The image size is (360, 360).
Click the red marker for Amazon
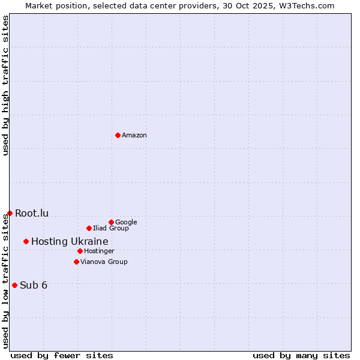(x=118, y=135)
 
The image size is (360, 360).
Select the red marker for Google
(x=111, y=222)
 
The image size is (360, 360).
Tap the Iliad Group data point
(x=89, y=228)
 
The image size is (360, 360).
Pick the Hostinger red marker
(x=80, y=251)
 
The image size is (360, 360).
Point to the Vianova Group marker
(x=76, y=262)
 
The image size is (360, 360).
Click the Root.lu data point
(x=10, y=213)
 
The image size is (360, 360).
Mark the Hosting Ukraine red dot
(x=26, y=241)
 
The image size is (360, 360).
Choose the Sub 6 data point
(x=14, y=285)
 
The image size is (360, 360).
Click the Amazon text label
(x=134, y=136)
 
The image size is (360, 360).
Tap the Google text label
(x=126, y=223)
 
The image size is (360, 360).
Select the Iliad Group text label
(x=111, y=229)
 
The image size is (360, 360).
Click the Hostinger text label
(x=99, y=251)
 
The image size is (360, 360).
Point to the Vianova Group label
(x=104, y=262)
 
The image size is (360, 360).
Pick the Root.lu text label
(x=32, y=213)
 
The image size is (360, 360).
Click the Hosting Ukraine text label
(x=70, y=241)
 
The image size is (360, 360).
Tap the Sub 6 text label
(x=34, y=285)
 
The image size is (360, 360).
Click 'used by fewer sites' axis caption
(x=62, y=355)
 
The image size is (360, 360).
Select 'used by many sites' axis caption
(x=301, y=355)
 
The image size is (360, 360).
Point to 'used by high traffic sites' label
(x=5, y=85)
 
